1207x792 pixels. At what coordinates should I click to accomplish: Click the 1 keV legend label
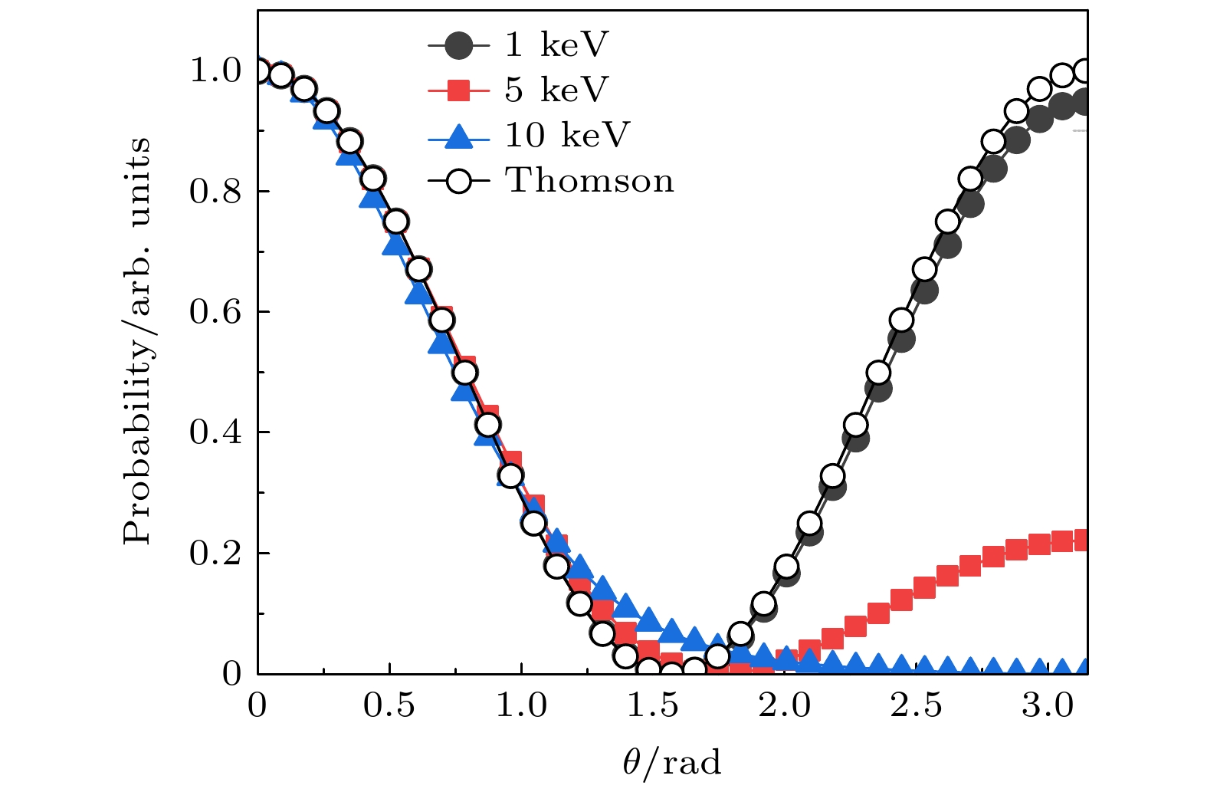tap(555, 45)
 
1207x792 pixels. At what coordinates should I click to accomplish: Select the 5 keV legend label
tap(556, 90)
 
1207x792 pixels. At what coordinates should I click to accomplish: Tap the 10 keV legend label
tap(566, 136)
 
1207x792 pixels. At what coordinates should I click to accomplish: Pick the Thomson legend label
tap(589, 181)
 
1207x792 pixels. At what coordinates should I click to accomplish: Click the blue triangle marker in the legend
tap(458, 136)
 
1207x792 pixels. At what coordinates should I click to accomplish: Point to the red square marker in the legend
tap(458, 91)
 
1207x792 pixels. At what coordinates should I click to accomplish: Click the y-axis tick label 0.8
tap(215, 192)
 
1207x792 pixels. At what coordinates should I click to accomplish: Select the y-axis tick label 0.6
tap(215, 312)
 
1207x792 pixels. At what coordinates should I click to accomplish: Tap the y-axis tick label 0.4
tap(215, 432)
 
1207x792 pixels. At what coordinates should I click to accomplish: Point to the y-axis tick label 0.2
tap(215, 553)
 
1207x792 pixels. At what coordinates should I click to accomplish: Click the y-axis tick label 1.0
tap(215, 71)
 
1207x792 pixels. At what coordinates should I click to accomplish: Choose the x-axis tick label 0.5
tap(389, 706)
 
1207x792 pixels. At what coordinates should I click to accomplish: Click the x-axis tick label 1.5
tap(652, 706)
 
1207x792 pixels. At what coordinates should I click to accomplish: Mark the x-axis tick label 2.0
tap(784, 706)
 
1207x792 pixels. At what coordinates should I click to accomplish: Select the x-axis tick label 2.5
tap(916, 706)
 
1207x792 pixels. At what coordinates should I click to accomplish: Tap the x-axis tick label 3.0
tap(1048, 706)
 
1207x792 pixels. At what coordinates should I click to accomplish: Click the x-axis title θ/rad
tap(671, 764)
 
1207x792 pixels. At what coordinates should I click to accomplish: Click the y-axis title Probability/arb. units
tap(138, 341)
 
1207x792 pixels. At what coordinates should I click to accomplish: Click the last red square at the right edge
tap(1081, 540)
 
